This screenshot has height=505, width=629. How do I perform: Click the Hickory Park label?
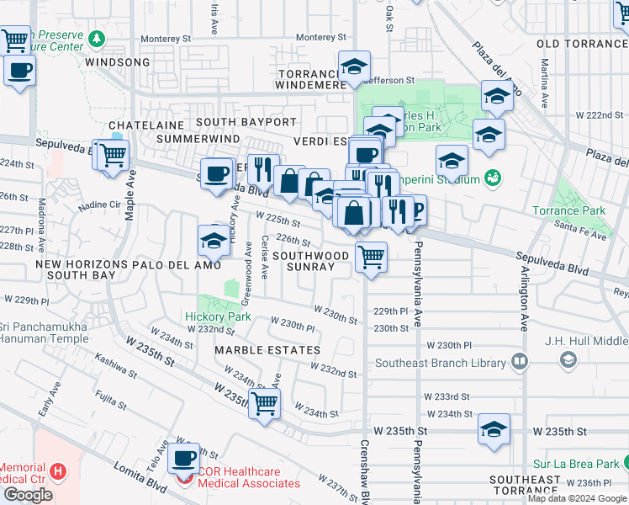tap(218, 317)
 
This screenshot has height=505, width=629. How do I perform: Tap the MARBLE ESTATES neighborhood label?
tap(267, 349)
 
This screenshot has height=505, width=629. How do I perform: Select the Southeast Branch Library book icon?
tap(520, 362)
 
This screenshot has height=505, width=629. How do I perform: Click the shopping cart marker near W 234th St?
tap(265, 403)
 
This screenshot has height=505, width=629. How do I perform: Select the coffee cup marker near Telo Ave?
tap(182, 459)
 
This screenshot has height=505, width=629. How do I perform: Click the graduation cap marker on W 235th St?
tap(494, 428)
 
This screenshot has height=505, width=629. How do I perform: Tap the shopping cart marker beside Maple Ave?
tap(112, 155)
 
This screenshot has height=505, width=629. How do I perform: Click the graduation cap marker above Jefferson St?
tap(355, 66)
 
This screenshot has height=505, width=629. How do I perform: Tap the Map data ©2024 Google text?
tap(577, 498)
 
